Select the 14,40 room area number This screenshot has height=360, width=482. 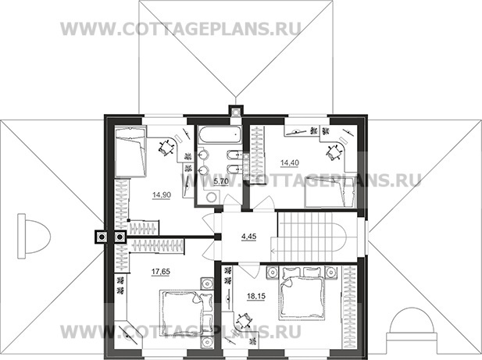290,163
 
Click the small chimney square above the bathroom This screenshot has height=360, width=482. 234,110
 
